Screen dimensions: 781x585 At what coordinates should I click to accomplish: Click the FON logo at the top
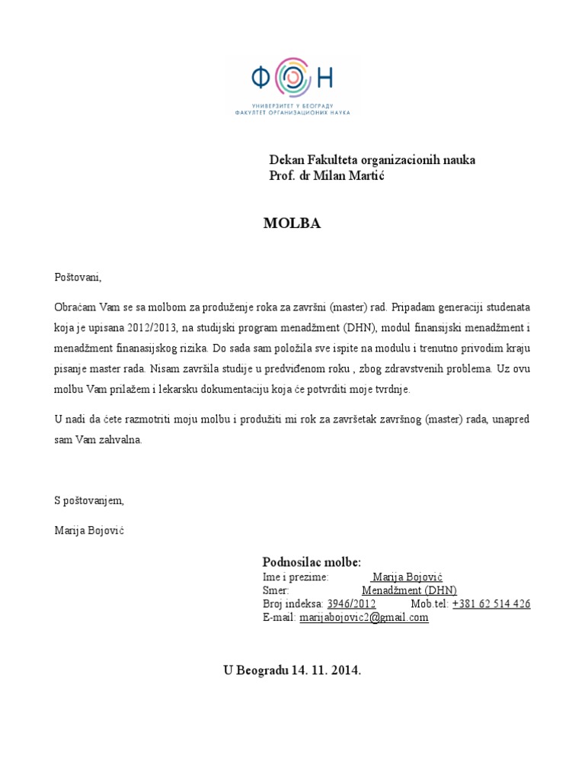(x=293, y=85)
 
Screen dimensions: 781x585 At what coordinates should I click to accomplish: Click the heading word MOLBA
(x=292, y=223)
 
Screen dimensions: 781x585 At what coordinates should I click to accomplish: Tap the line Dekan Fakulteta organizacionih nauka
(x=372, y=160)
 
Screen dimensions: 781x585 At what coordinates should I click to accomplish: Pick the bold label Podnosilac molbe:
(x=312, y=561)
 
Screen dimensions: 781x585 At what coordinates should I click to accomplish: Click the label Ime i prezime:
(x=296, y=577)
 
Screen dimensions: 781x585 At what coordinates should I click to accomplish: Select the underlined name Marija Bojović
(x=407, y=577)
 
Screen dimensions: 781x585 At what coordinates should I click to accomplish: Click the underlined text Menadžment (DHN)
(x=409, y=590)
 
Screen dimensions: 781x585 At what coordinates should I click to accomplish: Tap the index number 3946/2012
(x=351, y=604)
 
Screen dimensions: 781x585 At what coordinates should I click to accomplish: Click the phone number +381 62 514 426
(x=491, y=604)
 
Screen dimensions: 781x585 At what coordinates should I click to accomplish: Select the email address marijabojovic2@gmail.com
(x=364, y=618)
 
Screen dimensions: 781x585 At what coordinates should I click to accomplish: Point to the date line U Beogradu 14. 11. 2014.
(x=292, y=671)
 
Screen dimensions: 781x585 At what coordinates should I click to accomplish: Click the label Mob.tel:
(x=430, y=604)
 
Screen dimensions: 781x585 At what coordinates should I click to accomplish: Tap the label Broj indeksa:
(x=292, y=604)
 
